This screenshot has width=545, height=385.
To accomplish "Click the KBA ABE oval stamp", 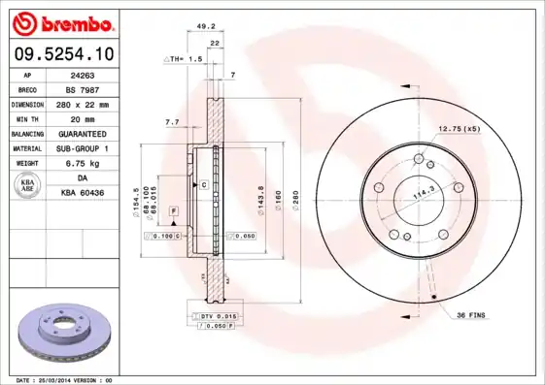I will tap(28, 186).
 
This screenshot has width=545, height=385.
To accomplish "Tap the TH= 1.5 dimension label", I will tap(185, 59).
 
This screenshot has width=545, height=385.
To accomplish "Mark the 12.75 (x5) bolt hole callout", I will tap(460, 129).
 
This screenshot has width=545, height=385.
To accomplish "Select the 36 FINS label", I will tap(472, 314).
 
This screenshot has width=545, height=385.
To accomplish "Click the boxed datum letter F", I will tap(173, 209).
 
